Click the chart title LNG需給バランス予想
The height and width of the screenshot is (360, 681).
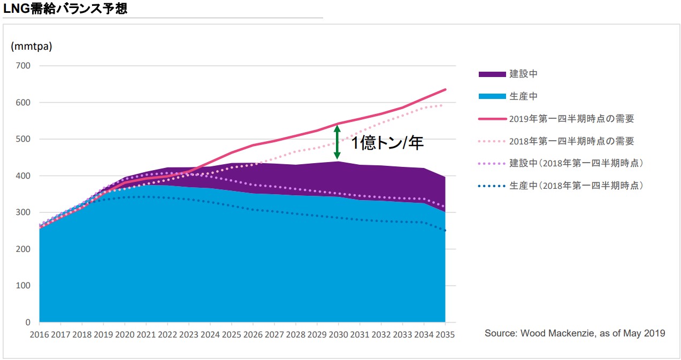[x=65, y=8]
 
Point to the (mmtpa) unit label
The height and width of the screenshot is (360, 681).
[x=32, y=46]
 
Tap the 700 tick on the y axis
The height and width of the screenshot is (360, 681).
[x=23, y=66]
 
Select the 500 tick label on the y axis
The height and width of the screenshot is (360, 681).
[x=23, y=139]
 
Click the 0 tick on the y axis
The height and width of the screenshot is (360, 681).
[x=28, y=323]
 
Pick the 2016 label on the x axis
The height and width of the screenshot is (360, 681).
[x=39, y=334]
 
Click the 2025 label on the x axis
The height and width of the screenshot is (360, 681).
[x=232, y=334]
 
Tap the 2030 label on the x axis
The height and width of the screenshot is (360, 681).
[x=339, y=334]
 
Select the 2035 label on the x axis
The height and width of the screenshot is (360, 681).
[x=445, y=334]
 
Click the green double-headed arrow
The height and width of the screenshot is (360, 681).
[x=337, y=142]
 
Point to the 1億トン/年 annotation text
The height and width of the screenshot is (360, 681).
[x=387, y=143]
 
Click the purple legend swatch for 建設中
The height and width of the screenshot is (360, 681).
[x=492, y=74]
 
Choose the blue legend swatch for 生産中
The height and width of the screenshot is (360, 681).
[x=492, y=96]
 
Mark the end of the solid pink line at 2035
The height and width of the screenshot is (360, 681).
[x=446, y=89]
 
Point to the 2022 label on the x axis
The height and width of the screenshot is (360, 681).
[x=167, y=334]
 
